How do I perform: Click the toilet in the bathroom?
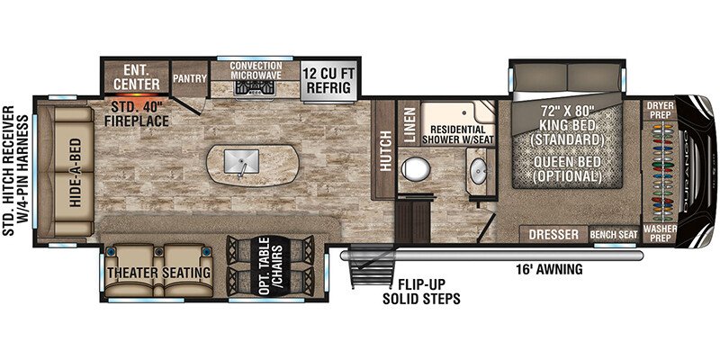[x=416, y=168]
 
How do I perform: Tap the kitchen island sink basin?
[x=241, y=161]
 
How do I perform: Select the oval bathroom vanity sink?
[x=479, y=171]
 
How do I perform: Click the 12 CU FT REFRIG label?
[x=329, y=80]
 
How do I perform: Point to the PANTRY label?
[x=190, y=78]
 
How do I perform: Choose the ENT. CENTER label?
[x=137, y=77]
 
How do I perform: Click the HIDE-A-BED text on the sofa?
[x=76, y=173]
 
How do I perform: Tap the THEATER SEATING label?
[x=159, y=273]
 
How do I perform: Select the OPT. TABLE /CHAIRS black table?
[x=271, y=265]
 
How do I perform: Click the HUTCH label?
[x=386, y=151]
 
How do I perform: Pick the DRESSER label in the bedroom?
[x=553, y=235]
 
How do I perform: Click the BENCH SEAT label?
[x=614, y=235]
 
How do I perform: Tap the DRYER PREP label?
[x=661, y=110]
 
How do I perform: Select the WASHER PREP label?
[x=660, y=233]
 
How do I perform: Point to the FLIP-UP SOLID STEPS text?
[x=421, y=291]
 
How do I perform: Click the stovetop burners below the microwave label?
[x=256, y=87]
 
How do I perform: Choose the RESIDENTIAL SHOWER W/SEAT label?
[x=458, y=135]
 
